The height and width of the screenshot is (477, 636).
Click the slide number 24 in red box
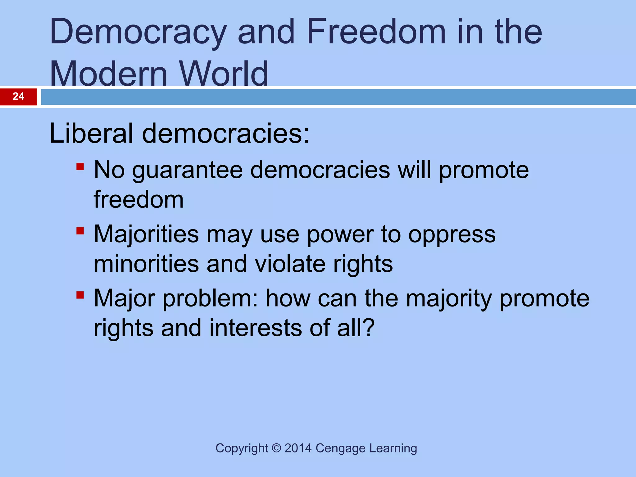tap(18, 97)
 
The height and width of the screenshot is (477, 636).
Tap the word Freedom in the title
tap(376, 32)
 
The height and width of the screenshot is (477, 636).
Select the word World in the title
tap(224, 74)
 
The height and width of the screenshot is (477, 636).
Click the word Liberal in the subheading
tap(91, 133)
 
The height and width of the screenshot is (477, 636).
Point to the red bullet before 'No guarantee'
tap(80, 167)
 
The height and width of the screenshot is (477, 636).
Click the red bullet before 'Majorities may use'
tap(80, 231)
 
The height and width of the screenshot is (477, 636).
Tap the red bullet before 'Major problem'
tap(80, 295)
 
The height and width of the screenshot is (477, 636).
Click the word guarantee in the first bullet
tap(187, 171)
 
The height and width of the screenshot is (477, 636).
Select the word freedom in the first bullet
tap(139, 199)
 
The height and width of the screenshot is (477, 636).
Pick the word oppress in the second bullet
tap(452, 235)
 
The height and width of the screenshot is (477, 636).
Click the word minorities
tap(146, 264)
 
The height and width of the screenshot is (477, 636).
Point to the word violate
tap(290, 264)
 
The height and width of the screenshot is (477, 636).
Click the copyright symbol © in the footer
tap(276, 448)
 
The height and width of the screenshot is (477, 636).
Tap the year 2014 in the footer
tap(298, 448)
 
